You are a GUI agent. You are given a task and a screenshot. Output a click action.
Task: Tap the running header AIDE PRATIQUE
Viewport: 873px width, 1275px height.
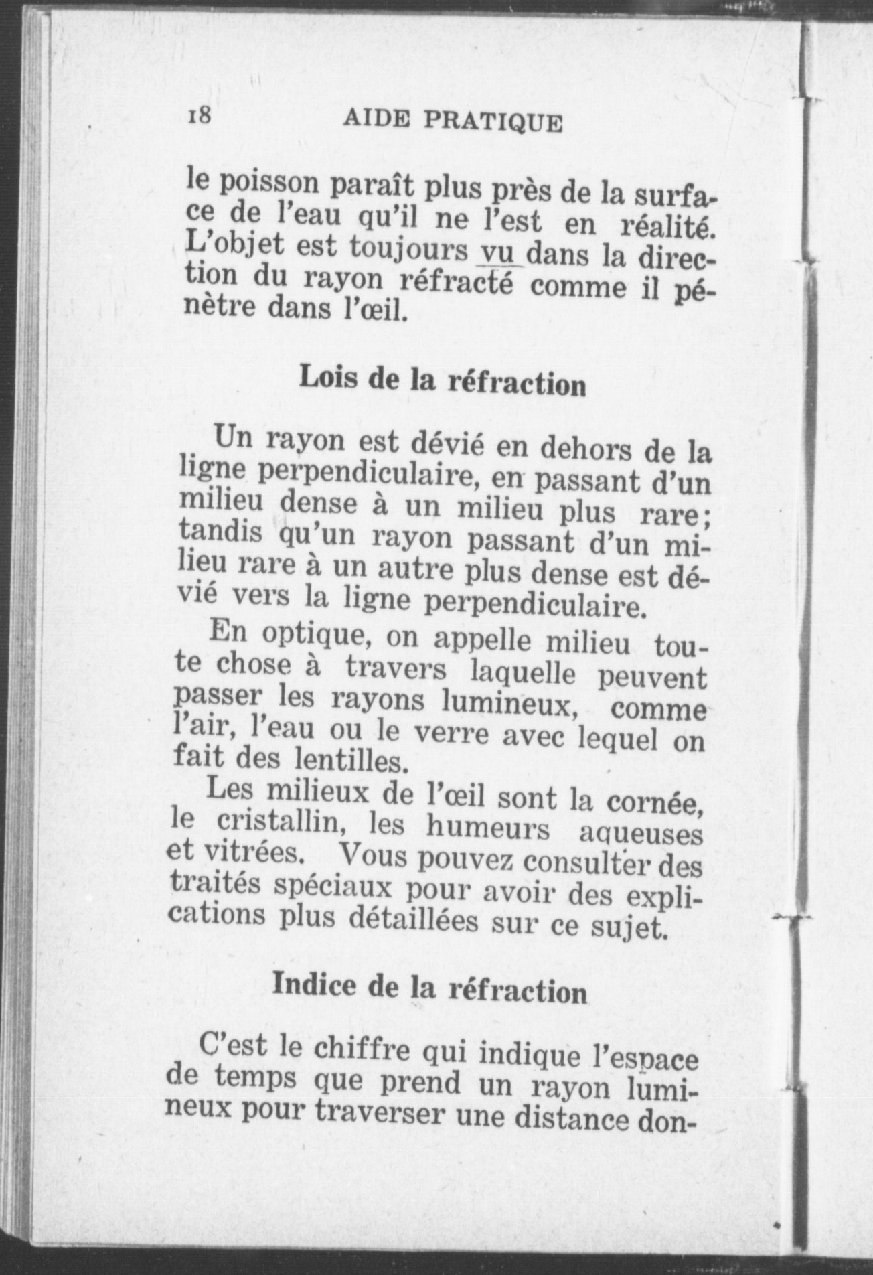point(453,121)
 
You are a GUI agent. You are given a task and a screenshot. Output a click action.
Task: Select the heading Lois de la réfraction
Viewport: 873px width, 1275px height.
point(443,382)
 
